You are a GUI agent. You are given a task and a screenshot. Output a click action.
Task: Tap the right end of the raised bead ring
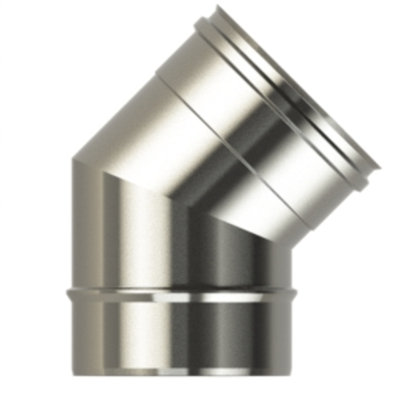point(296,293)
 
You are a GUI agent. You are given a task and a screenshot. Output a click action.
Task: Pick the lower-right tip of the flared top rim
point(371,172)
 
